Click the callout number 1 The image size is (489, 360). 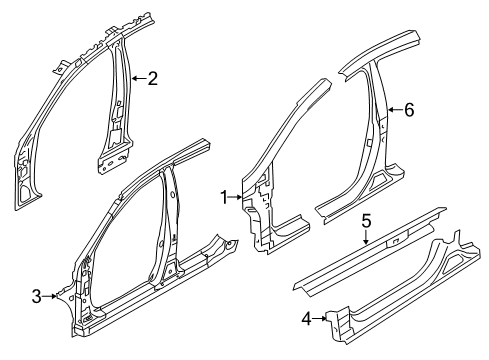[x=224, y=197]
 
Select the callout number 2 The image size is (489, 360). [x=152, y=79]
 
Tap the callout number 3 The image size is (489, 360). [x=37, y=296]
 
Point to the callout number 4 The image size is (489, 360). [x=306, y=319]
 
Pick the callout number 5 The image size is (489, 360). [x=366, y=221]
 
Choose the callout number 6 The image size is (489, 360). [x=409, y=109]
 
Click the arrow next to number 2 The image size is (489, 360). [x=139, y=79]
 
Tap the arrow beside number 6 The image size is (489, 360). [x=395, y=109]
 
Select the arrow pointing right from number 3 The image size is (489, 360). [x=50, y=296]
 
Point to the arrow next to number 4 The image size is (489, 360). [x=319, y=319]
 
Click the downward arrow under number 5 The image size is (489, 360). [x=366, y=238]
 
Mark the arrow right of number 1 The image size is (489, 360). [x=235, y=197]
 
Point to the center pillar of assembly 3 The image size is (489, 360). [x=168, y=227]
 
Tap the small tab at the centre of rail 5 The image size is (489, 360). [x=397, y=240]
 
